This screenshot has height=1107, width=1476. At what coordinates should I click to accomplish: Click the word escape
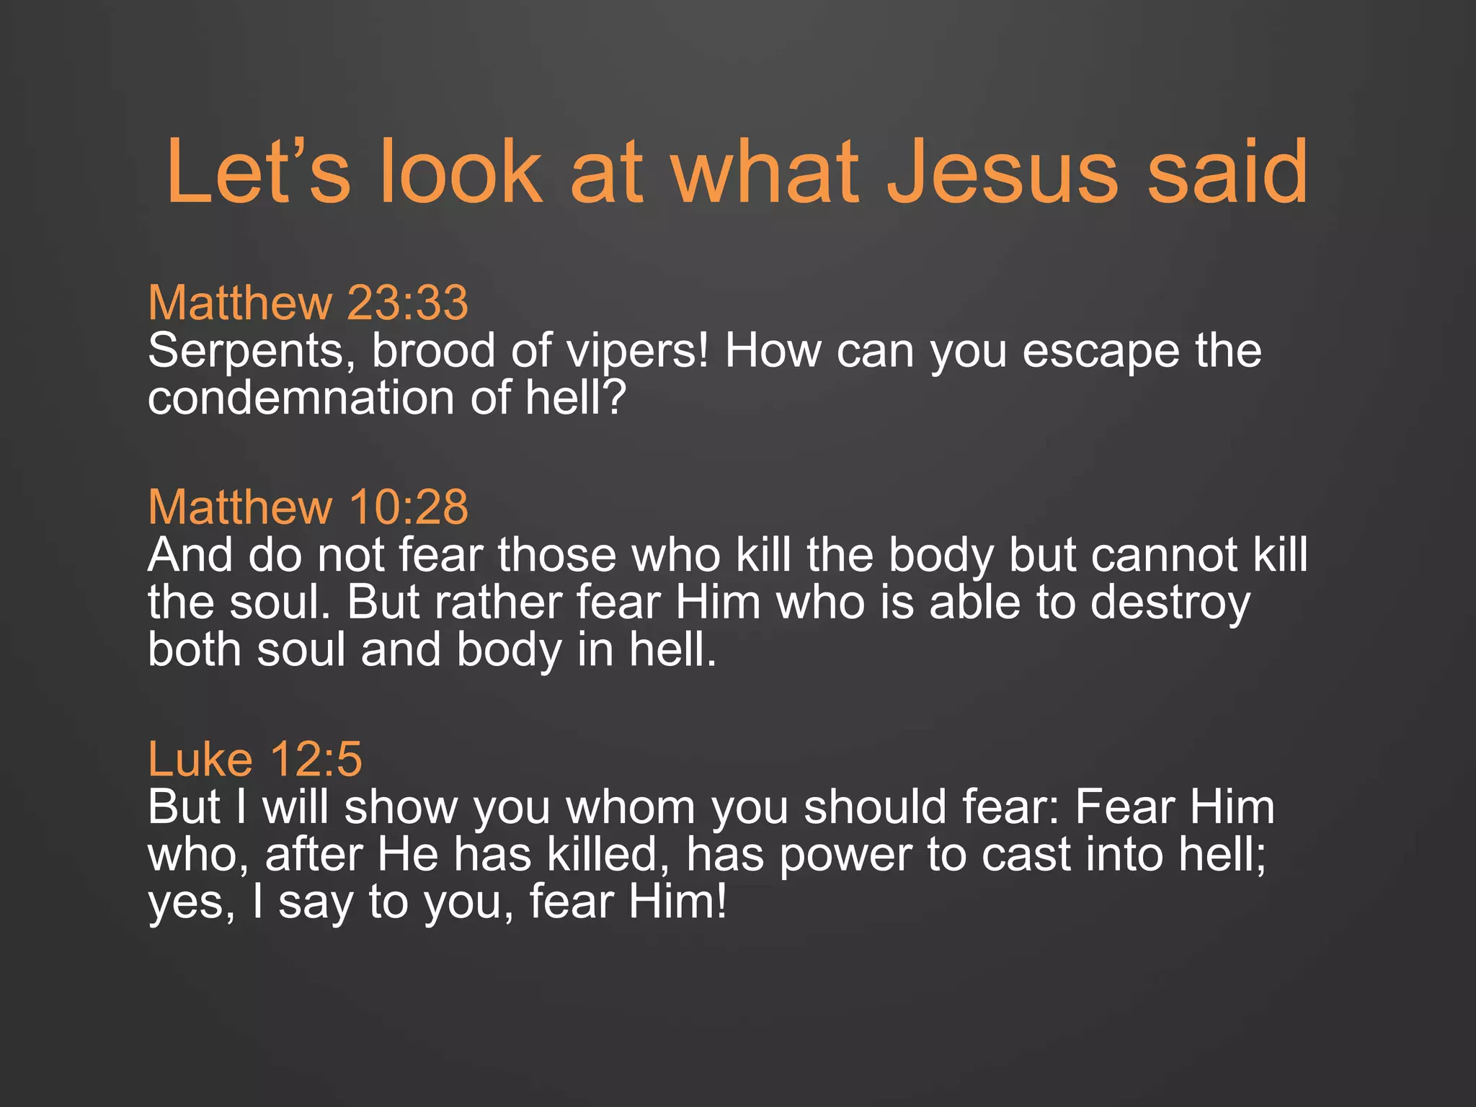point(1101,351)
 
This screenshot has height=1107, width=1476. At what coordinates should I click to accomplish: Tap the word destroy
point(1170,604)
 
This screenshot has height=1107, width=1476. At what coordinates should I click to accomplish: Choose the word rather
point(498,603)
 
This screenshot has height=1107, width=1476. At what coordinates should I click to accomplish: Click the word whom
point(631,807)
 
